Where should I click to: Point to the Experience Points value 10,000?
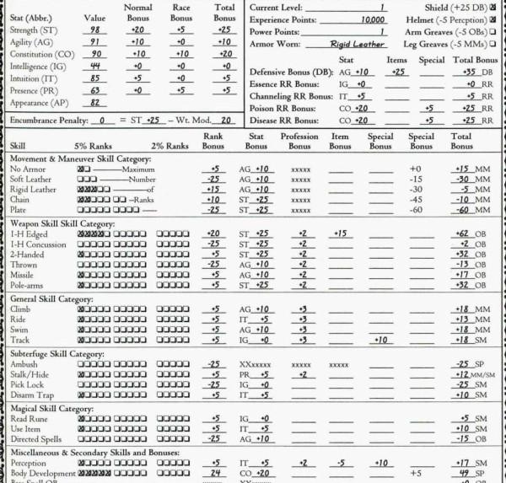373,19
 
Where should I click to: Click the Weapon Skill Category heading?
62,223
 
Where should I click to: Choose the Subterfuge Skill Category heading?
64,354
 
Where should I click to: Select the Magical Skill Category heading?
60,408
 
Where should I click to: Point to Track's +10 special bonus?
379,340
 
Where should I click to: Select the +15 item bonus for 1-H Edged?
341,233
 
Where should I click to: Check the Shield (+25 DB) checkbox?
493,7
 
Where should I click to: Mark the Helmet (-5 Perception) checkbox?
493,19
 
